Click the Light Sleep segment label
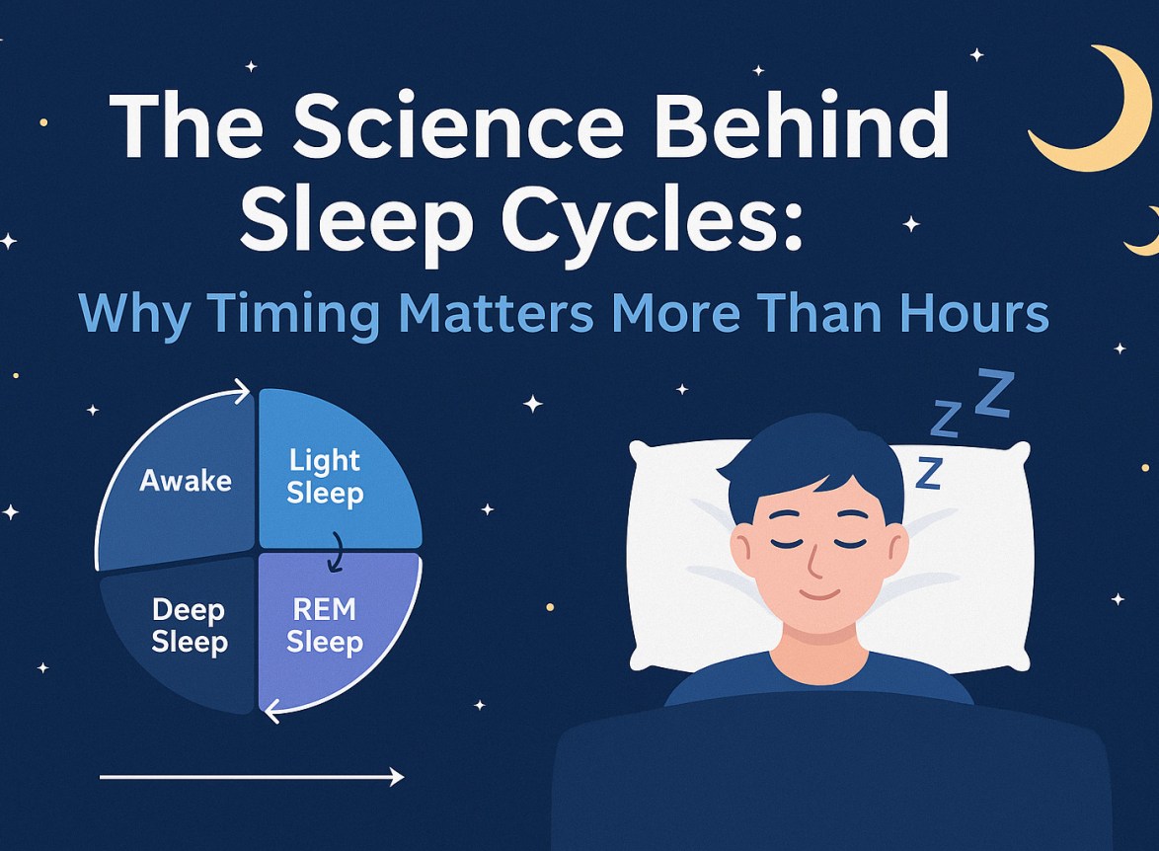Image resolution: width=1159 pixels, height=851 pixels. point(325,476)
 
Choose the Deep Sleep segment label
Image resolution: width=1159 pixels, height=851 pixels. point(189,626)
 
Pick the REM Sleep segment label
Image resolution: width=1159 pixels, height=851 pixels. point(325,626)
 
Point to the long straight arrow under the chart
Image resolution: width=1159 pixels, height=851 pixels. point(252,778)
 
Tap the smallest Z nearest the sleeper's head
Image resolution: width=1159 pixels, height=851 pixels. point(928,473)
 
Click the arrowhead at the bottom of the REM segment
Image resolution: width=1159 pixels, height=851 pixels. point(269,705)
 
